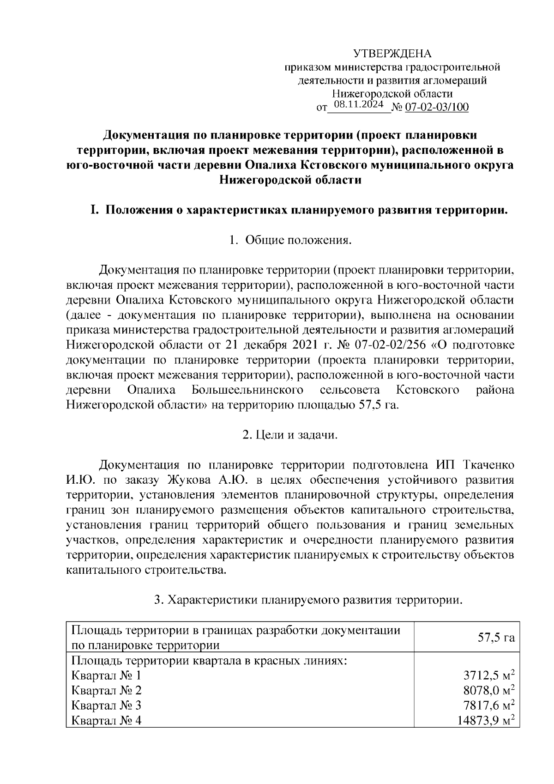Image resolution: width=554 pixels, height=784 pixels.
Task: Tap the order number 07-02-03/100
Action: (436, 108)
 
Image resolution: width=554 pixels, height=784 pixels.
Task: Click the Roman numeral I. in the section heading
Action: (94, 211)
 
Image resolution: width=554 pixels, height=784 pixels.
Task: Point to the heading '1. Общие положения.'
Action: (290, 240)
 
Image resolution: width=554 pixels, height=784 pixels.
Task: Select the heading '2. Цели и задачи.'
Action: (290, 435)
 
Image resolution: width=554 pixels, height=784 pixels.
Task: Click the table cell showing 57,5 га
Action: (496, 638)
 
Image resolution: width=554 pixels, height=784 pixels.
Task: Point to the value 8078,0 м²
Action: (489, 691)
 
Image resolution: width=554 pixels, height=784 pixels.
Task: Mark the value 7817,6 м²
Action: (489, 705)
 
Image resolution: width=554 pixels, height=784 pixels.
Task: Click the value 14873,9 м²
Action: (486, 720)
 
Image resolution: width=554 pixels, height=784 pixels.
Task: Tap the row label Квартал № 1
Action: (106, 676)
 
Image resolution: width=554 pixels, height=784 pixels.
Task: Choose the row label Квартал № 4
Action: (106, 720)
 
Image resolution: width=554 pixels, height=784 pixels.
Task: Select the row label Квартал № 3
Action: (106, 705)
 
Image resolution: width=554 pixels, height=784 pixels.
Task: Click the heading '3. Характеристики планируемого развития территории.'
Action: (308, 600)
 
